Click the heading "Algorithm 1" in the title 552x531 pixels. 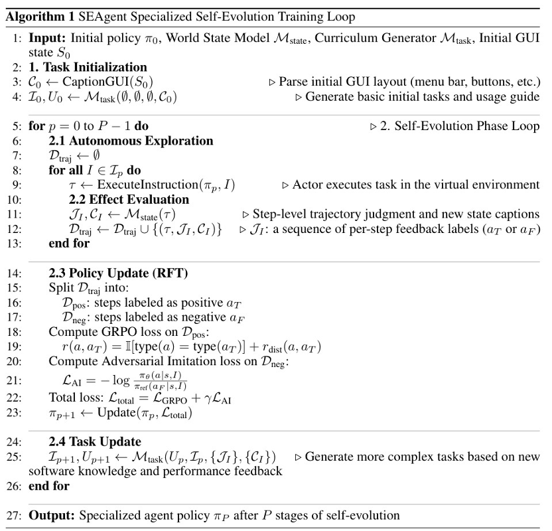point(37,17)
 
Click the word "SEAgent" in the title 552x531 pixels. point(95,17)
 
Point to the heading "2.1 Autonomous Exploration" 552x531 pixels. point(131,141)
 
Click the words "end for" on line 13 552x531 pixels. point(69,243)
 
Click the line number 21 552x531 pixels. point(15,380)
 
